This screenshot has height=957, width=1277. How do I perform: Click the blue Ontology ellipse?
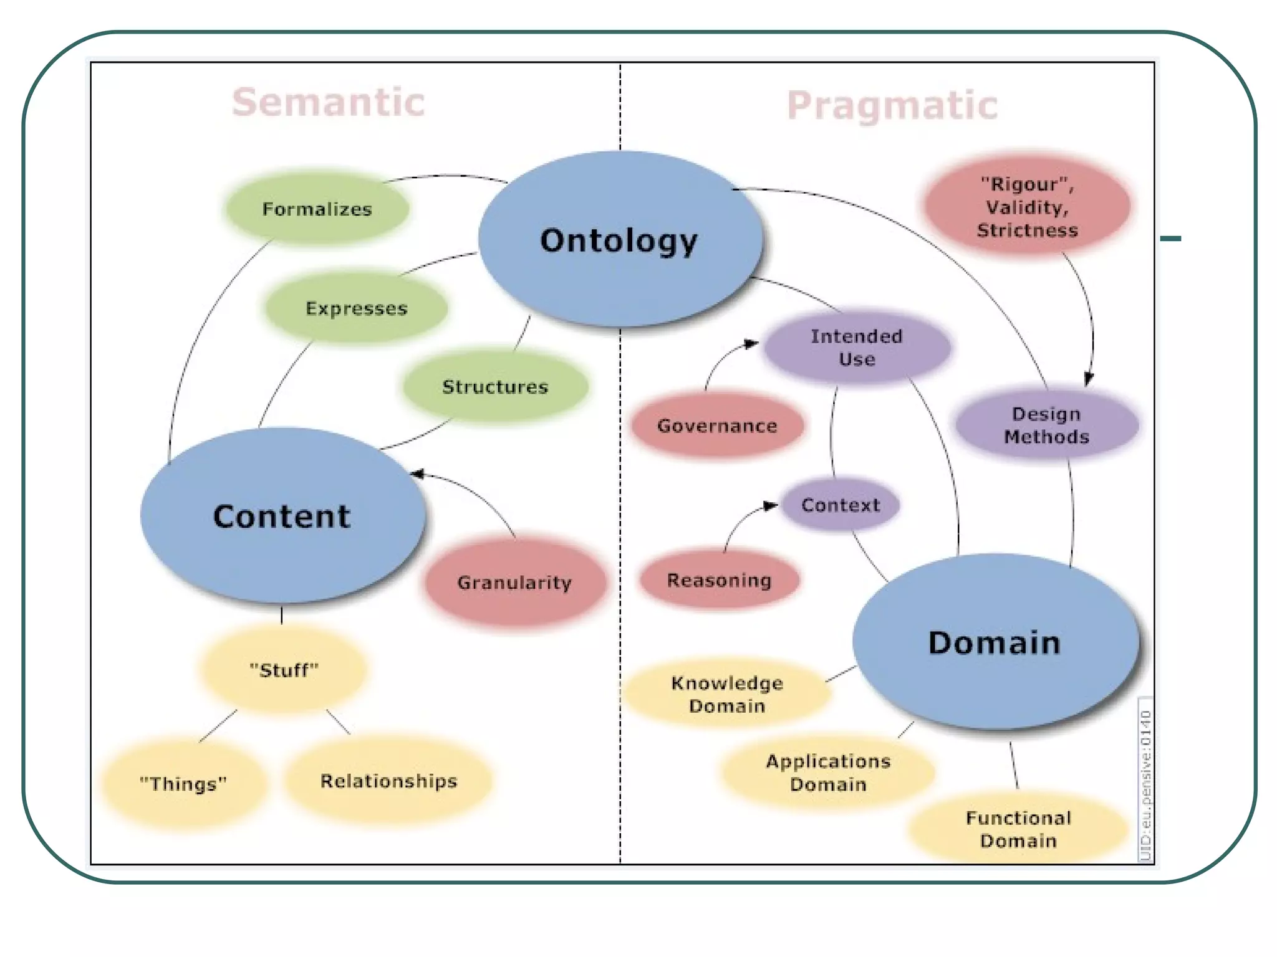click(x=620, y=239)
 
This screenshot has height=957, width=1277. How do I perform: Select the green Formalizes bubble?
click(x=317, y=209)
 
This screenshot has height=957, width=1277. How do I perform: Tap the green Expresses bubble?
click(x=356, y=308)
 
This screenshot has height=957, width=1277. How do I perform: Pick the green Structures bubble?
click(x=495, y=386)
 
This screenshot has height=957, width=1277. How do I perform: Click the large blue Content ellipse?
click(x=282, y=515)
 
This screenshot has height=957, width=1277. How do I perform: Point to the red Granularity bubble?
click(x=514, y=582)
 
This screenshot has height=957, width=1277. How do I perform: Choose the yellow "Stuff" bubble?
click(x=284, y=670)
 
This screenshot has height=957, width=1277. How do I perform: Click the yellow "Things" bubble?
click(x=183, y=783)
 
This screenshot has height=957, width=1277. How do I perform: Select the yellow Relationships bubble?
click(x=388, y=781)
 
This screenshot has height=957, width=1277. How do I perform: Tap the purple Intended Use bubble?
click(x=857, y=347)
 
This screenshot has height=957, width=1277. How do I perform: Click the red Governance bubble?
click(x=717, y=426)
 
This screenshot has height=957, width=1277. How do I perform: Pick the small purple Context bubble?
click(x=841, y=505)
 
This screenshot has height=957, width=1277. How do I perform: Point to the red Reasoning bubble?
click(x=719, y=580)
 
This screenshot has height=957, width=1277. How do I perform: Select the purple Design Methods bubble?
click(x=1047, y=425)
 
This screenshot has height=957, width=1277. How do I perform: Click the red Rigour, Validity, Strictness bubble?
click(x=1027, y=207)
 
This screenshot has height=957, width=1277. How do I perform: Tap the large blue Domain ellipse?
click(x=995, y=642)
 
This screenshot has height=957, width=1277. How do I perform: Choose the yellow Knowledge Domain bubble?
click(x=727, y=694)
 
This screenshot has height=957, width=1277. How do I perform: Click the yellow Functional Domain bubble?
click(x=1018, y=829)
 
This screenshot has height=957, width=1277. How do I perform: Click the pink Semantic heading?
click(x=329, y=102)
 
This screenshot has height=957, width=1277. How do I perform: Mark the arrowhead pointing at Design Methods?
click(x=1088, y=379)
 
